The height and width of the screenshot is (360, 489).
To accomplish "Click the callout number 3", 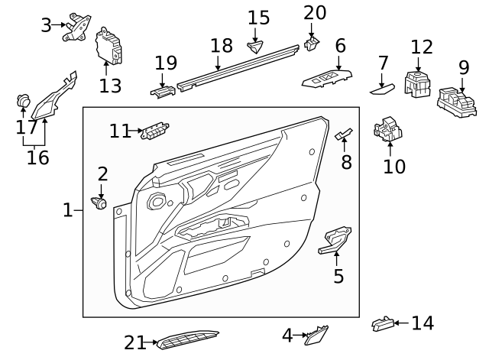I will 46,25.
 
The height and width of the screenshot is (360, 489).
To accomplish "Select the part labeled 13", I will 107,49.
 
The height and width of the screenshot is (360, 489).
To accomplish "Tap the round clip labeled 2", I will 99,204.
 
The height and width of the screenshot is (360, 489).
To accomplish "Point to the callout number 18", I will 221,46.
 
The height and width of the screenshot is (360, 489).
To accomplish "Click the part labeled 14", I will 381,324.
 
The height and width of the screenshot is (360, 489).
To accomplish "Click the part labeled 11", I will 155,131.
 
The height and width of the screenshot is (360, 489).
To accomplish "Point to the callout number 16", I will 37,158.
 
